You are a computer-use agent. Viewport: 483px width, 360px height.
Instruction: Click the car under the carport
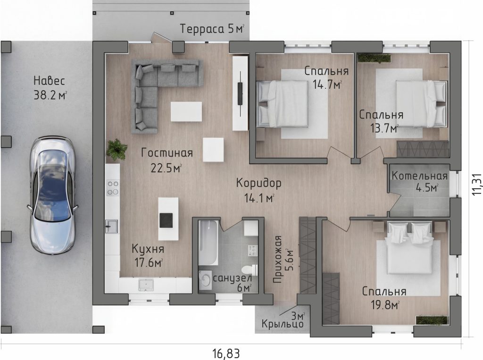(x=52, y=196)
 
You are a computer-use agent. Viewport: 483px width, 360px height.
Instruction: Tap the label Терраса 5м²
(x=212, y=29)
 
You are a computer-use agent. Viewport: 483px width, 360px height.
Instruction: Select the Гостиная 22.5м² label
(x=167, y=160)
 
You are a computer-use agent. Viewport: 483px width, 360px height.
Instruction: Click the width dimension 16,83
(x=226, y=353)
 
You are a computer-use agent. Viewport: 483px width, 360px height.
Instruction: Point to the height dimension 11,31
(x=476, y=183)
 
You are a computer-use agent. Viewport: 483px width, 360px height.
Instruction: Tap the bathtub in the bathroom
(x=208, y=243)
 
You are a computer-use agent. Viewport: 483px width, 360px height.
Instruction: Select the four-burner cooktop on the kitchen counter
(x=113, y=188)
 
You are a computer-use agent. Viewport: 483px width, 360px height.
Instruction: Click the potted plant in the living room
(x=117, y=150)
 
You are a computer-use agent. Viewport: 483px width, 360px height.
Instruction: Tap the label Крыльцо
(x=283, y=324)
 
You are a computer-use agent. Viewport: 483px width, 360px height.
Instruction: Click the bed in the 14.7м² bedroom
(x=283, y=103)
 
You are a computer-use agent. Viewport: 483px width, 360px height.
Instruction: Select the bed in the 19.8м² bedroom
(x=409, y=248)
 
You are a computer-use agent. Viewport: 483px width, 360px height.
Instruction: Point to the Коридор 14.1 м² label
(x=259, y=190)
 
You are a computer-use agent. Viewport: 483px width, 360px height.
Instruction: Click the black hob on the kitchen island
(x=167, y=220)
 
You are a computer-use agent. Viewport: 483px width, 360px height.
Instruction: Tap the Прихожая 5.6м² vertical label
(x=283, y=259)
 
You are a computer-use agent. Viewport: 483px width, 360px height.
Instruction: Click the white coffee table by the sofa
(x=186, y=111)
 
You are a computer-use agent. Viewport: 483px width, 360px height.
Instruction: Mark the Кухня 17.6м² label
(x=148, y=256)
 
